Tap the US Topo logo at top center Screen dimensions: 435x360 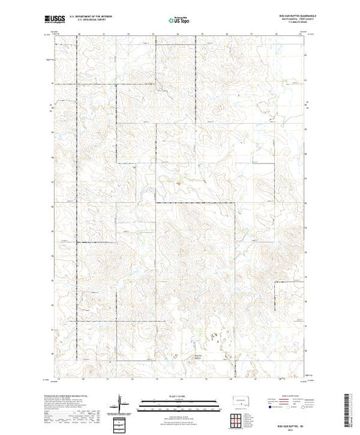[x=180, y=21]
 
